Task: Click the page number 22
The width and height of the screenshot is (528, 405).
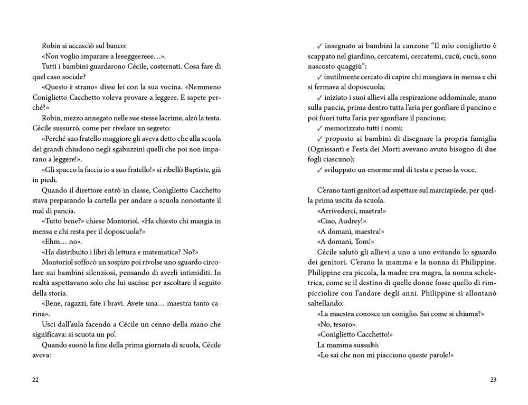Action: [36, 380]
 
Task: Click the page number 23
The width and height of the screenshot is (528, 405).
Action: [493, 380]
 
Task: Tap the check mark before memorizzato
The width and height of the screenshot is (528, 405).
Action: [319, 128]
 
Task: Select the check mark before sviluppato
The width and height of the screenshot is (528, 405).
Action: [319, 170]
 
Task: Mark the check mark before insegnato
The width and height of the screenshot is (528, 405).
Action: [319, 46]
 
